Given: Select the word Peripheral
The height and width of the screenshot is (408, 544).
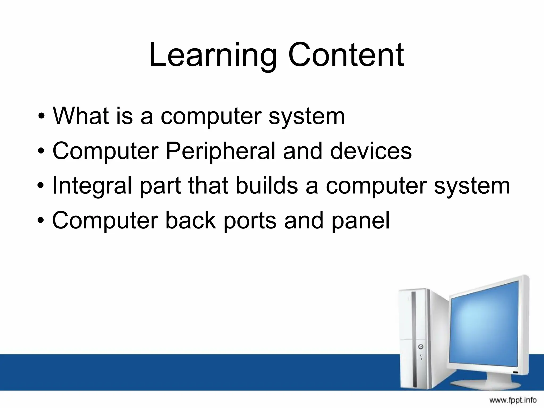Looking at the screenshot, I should [x=220, y=151].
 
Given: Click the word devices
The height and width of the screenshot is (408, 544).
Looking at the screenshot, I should [x=371, y=151].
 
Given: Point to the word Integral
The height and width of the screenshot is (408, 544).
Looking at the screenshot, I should [x=92, y=186].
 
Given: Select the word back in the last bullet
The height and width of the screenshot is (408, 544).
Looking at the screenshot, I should [x=190, y=220].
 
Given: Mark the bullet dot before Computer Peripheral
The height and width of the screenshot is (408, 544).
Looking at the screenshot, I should [x=41, y=151].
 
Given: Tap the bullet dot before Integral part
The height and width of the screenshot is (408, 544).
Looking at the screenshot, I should [x=41, y=186].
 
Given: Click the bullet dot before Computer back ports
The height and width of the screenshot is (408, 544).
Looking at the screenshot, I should [x=41, y=221].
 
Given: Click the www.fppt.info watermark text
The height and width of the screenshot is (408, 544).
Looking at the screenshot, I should [x=513, y=400].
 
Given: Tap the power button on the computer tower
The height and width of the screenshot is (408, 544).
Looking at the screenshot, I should [x=421, y=347].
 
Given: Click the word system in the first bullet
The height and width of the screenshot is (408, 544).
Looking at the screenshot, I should [x=307, y=116].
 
